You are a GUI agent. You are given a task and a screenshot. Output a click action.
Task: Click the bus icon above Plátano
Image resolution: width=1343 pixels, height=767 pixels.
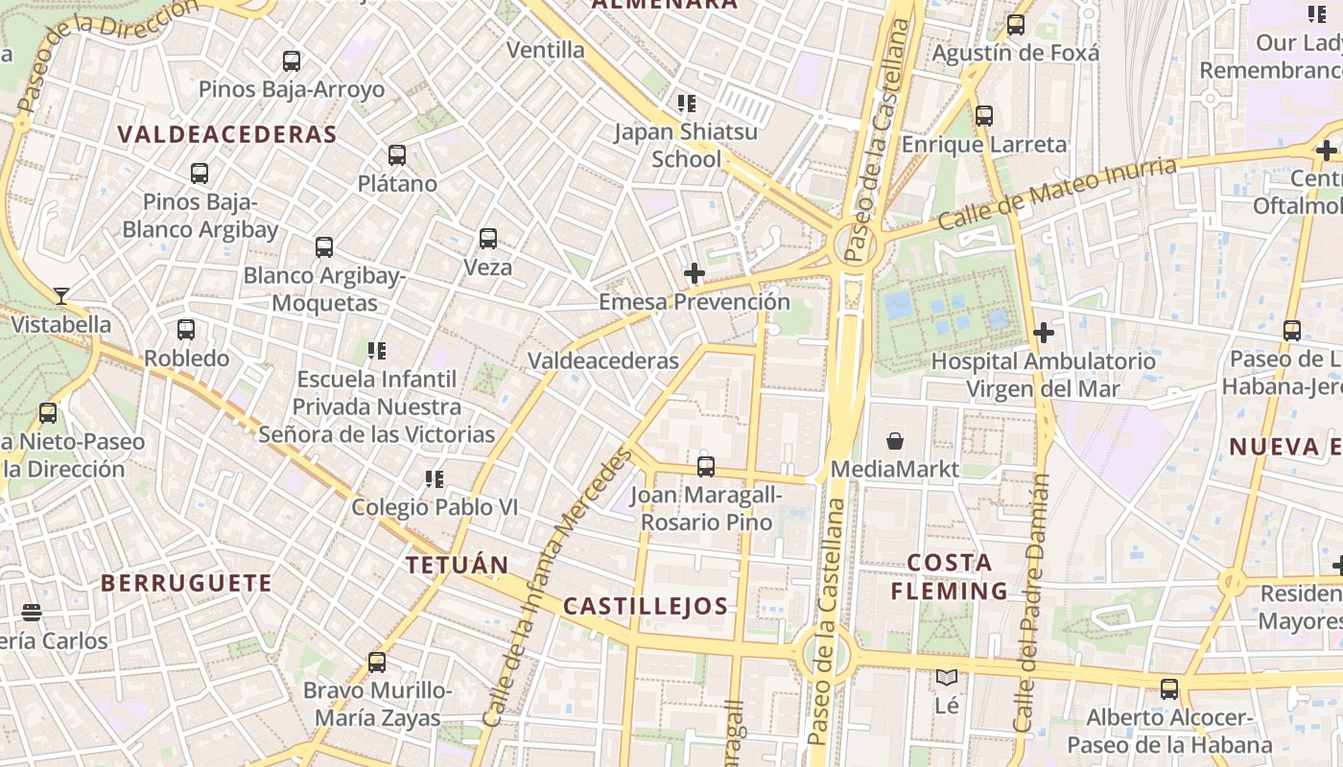397,155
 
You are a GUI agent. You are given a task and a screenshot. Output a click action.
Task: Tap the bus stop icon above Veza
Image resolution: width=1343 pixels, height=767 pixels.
488,239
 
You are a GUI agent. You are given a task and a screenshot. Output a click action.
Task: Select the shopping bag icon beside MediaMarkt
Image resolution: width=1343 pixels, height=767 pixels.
895,441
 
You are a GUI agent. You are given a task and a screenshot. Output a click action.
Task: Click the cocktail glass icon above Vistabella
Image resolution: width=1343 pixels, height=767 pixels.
61,296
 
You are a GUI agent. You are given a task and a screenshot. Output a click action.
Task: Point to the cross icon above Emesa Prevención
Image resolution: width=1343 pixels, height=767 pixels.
695,274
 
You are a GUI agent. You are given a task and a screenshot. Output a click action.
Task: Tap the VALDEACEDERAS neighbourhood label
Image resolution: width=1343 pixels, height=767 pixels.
227,134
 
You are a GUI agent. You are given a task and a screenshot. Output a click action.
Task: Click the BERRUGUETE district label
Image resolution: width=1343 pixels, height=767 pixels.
186,583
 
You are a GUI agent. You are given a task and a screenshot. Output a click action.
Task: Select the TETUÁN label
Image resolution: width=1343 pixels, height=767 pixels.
457,565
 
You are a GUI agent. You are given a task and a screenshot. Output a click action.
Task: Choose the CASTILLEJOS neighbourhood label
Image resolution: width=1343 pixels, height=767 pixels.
646,606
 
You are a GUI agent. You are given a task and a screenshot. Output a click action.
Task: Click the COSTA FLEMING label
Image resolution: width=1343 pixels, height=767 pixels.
949,576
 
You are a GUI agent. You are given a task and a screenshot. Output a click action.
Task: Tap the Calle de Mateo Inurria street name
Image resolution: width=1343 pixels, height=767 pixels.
1056,194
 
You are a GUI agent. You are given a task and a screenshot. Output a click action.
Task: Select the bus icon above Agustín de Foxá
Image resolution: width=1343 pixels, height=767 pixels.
1016,26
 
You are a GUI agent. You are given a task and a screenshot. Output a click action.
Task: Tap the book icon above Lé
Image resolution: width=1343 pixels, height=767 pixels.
947,678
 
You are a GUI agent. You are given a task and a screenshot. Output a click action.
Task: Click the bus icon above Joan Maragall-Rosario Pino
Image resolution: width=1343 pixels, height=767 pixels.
706,467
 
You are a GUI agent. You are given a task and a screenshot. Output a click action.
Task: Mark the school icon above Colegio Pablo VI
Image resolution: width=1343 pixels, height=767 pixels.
435,478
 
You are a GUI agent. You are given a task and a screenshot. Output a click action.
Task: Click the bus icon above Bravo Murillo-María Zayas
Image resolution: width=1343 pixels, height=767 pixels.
377,662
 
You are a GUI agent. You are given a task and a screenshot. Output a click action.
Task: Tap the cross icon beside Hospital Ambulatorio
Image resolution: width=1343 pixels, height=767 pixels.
1044,333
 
